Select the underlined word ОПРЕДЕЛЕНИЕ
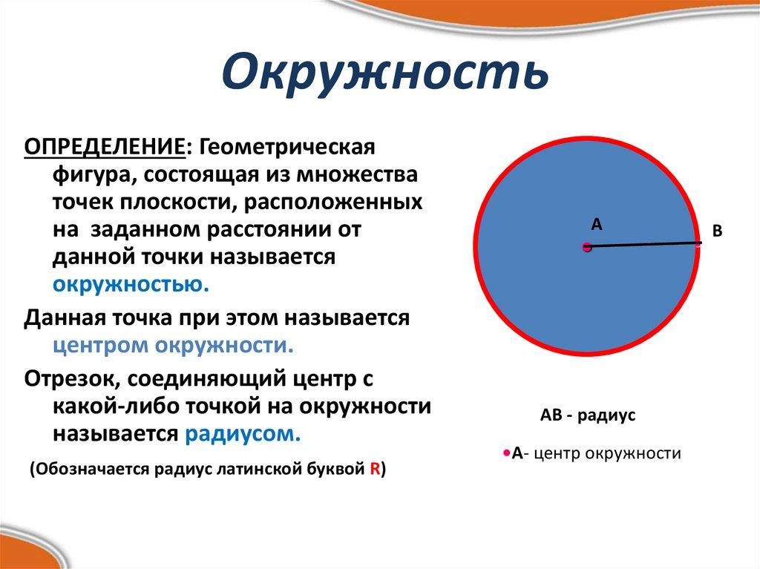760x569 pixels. click(x=104, y=146)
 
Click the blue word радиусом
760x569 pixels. click(x=243, y=433)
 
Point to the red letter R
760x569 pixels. click(x=375, y=470)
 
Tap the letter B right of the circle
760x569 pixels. click(x=717, y=231)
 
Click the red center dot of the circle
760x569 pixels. click(x=586, y=247)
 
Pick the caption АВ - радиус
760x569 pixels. click(x=588, y=416)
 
